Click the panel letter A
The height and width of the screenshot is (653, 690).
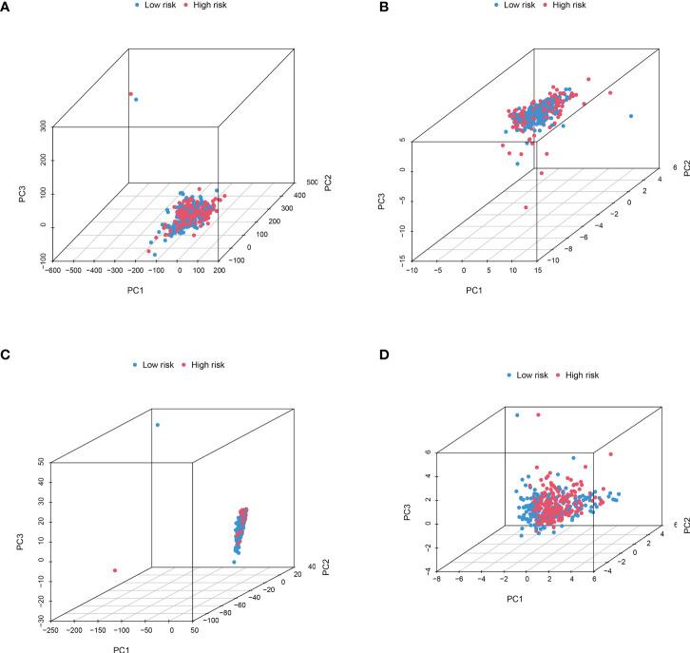pyautogui.click(x=8, y=13)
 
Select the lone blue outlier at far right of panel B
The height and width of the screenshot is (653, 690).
pyautogui.click(x=631, y=116)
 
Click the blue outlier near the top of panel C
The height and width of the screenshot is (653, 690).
pyautogui.click(x=158, y=425)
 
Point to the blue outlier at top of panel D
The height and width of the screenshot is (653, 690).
pyautogui.click(x=518, y=415)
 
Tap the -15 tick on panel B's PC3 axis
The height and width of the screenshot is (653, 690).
pyautogui.click(x=389, y=259)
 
